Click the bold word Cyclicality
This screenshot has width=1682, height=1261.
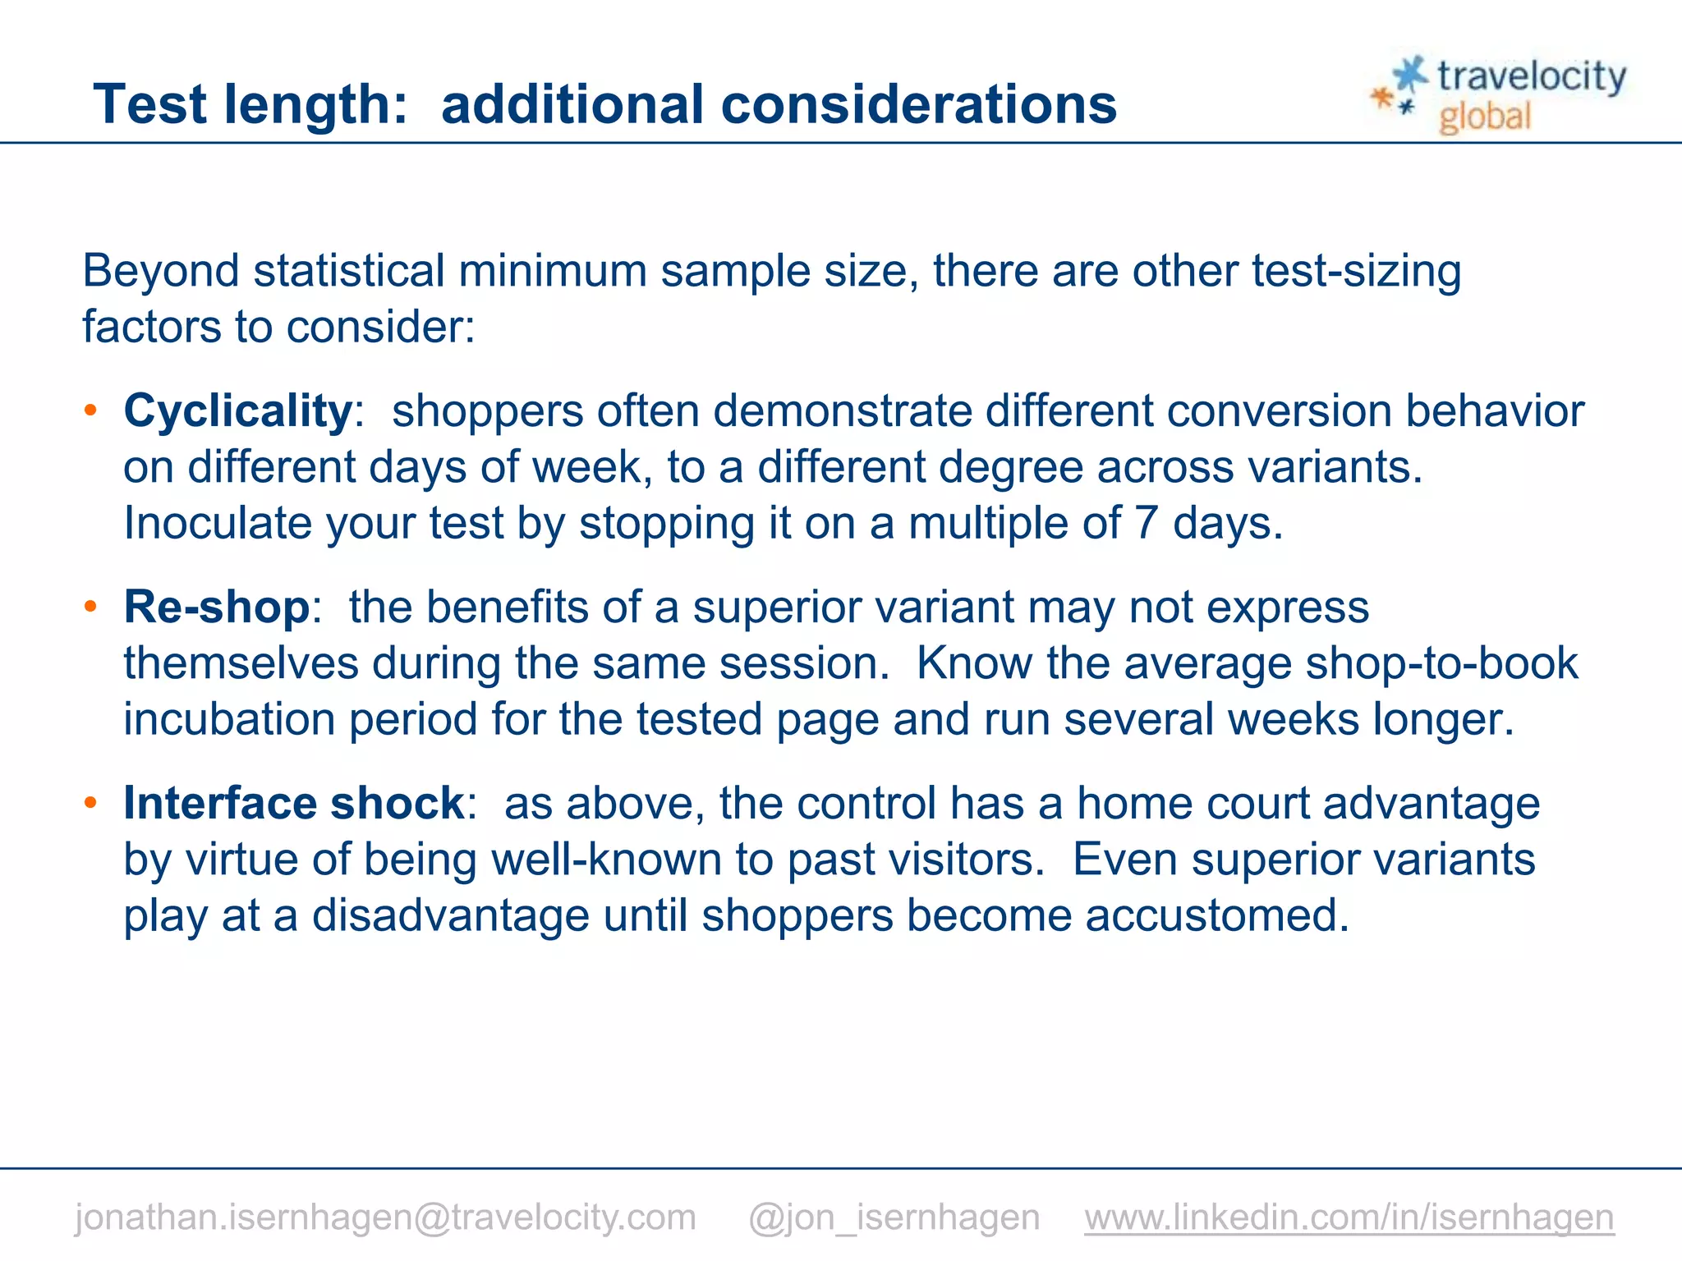[x=237, y=410]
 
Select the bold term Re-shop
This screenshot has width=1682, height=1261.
[x=217, y=608]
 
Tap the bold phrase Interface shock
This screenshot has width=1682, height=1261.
[x=294, y=803]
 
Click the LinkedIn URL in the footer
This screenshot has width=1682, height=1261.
[x=1349, y=1217]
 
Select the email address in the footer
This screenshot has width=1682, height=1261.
[x=385, y=1217]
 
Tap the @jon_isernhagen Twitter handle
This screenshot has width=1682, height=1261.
[x=894, y=1217]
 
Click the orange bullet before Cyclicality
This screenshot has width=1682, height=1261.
[x=91, y=410]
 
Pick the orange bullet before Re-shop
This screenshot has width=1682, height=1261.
[x=91, y=607]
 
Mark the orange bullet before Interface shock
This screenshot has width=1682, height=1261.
[x=91, y=802]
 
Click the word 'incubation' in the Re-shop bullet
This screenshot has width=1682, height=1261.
[x=229, y=719]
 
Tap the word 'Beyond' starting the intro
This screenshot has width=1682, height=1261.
[x=161, y=271]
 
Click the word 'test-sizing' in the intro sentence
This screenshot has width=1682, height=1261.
[x=1356, y=271]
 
